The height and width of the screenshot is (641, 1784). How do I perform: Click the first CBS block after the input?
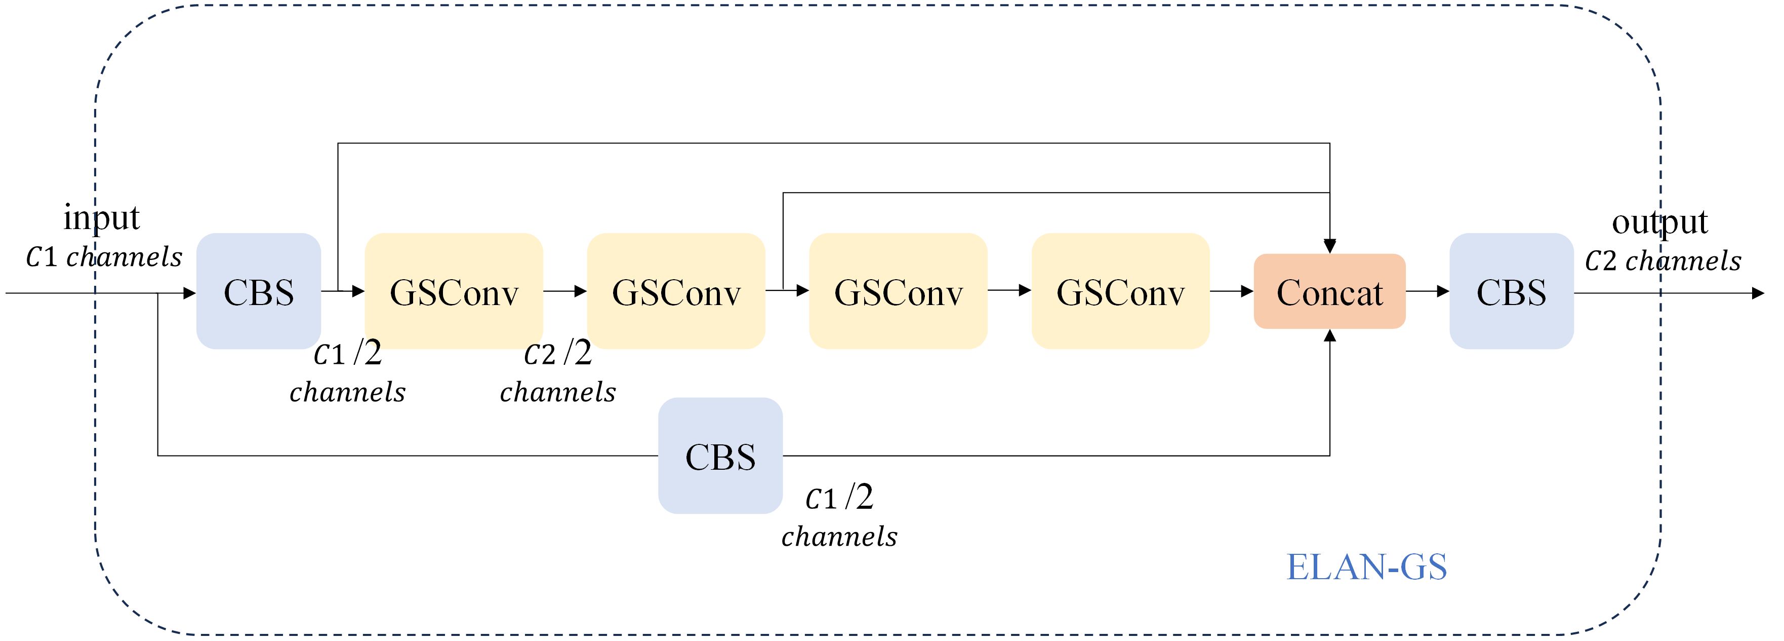click(258, 291)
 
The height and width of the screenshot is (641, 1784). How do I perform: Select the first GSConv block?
click(454, 291)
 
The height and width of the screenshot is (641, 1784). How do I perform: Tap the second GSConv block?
click(676, 291)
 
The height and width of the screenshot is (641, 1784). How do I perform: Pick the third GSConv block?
click(898, 291)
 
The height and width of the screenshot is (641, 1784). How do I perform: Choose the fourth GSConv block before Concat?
click(1120, 291)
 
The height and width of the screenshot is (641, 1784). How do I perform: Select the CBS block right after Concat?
click(1511, 291)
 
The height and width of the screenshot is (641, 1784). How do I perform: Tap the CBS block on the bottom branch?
click(720, 456)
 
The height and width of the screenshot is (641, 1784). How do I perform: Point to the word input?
click(102, 217)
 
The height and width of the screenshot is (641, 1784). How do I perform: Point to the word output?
click(1659, 222)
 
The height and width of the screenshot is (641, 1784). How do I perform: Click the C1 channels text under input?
click(104, 257)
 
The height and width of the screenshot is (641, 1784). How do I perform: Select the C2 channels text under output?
click(1662, 261)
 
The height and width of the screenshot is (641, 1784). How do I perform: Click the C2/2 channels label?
click(557, 373)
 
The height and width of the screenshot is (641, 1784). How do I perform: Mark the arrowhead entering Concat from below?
click(1330, 336)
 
